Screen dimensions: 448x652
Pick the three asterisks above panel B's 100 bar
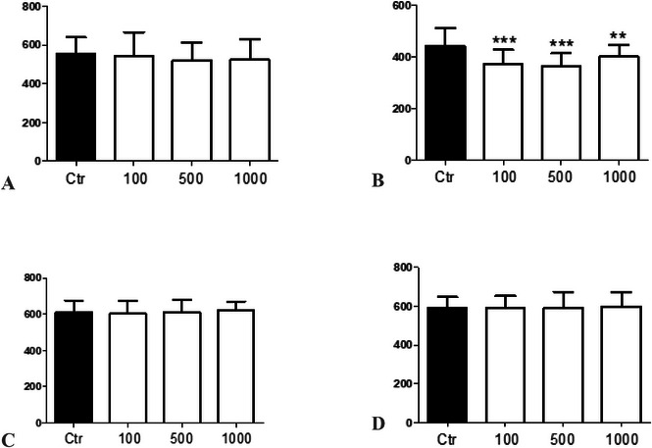coord(505,41)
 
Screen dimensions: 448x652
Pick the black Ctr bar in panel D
coord(448,364)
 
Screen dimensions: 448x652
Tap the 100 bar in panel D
coord(504,364)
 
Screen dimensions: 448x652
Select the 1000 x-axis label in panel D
coord(618,434)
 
